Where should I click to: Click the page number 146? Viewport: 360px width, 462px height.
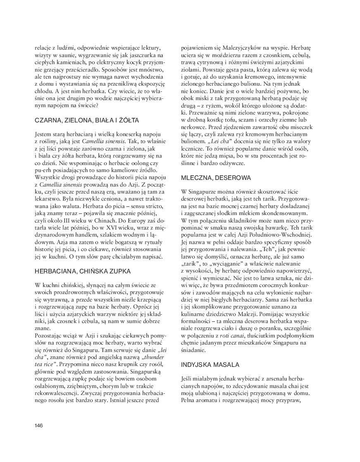coord(39,425)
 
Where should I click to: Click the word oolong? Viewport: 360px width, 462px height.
coord(133,163)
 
